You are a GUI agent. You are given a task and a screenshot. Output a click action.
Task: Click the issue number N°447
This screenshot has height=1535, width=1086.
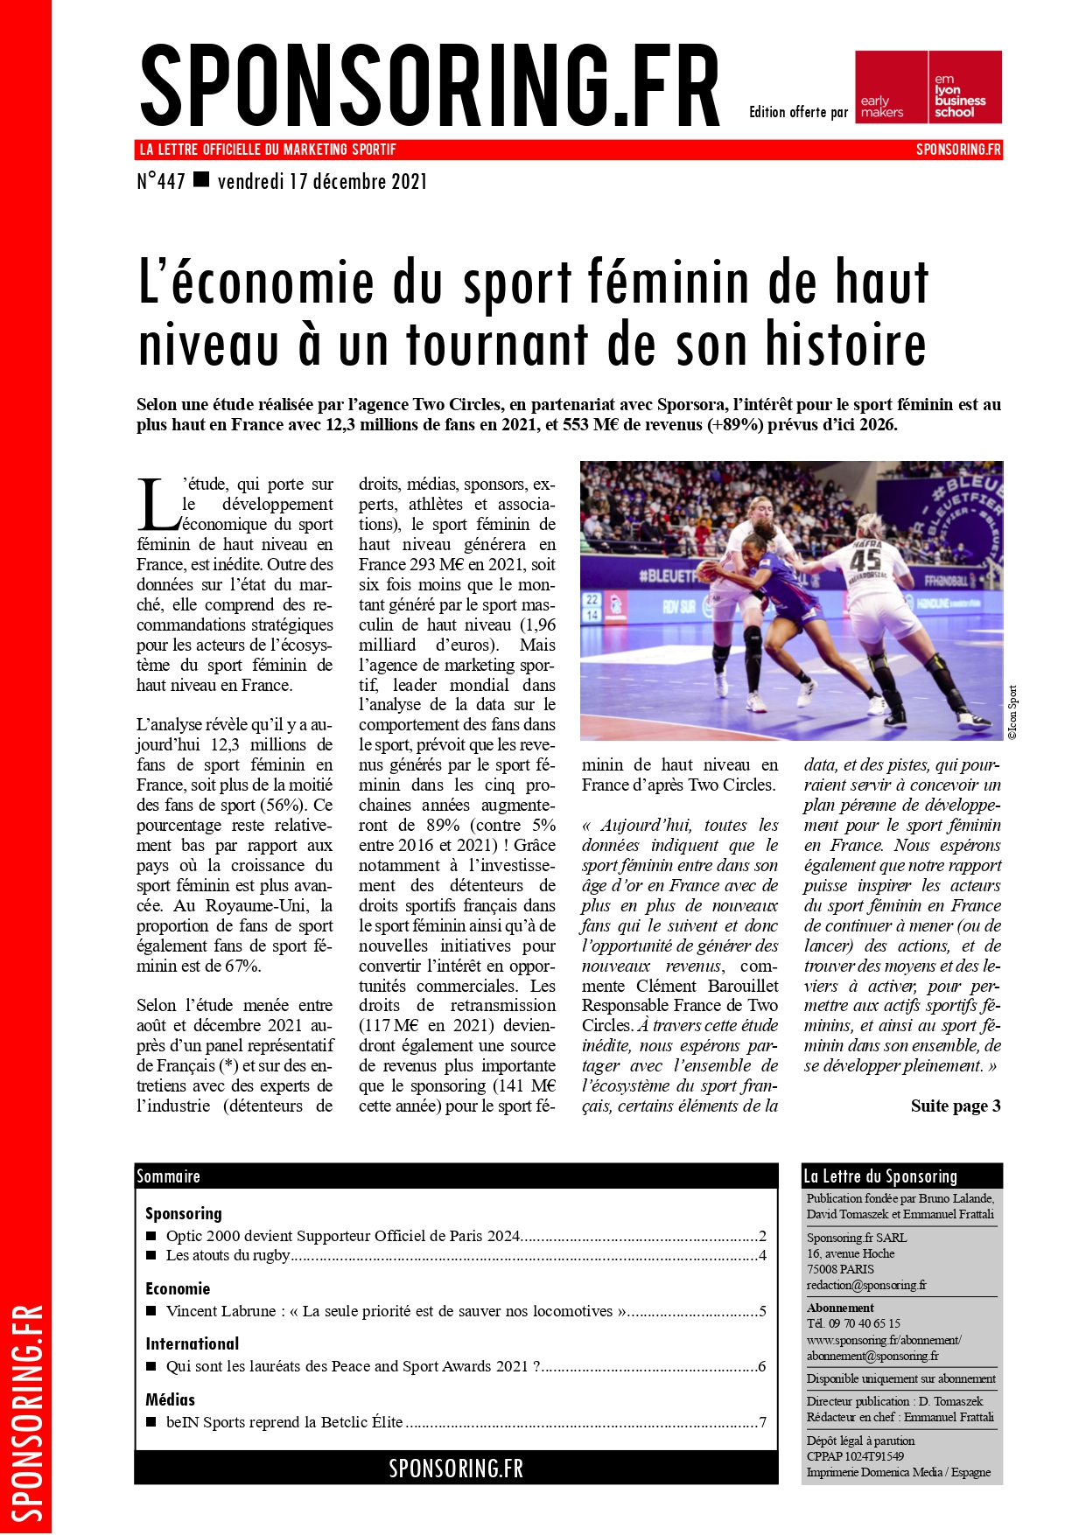pos(161,182)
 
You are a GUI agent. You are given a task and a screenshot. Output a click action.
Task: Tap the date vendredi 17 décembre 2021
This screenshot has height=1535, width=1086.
pos(322,182)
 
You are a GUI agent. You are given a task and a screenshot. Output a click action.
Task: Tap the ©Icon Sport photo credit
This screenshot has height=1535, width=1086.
pos(1012,713)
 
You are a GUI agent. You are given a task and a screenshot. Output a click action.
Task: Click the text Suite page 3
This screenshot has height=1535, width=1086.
pos(956,1106)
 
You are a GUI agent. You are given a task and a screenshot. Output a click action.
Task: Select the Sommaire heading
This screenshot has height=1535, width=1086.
pos(169,1176)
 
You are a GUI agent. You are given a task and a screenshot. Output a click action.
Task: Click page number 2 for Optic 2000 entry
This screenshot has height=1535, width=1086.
pos(762,1236)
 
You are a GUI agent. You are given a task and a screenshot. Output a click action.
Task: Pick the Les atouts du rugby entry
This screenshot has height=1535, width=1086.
pos(228,1255)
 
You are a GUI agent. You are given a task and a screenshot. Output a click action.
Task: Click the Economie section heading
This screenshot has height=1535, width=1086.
pos(178,1288)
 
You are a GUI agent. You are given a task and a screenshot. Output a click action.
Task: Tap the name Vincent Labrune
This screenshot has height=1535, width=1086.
pos(222,1311)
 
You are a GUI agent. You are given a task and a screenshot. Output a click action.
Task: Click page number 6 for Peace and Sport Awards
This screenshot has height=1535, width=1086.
pos(762,1366)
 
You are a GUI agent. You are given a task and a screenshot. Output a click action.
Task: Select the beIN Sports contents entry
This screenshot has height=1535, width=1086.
pos(284,1422)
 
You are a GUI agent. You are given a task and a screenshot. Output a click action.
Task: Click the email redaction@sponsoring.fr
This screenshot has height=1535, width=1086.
pos(866,1285)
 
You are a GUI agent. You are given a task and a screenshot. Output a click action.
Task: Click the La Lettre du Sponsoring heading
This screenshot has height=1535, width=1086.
pos(880,1176)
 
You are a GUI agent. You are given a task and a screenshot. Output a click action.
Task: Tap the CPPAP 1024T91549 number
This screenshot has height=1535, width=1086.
pos(855,1456)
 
